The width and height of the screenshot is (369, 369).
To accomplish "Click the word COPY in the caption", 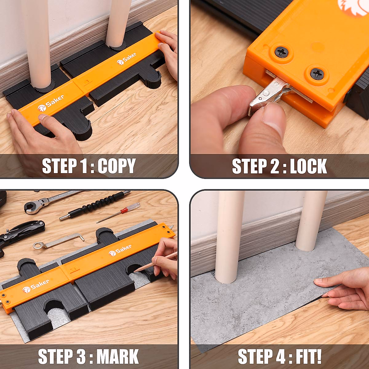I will tap(117, 166).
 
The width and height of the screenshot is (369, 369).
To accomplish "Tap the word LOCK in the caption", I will tap(308, 166).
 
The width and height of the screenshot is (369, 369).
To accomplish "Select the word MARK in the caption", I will tap(118, 357).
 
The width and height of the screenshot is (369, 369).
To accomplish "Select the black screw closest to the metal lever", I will tap(316, 74).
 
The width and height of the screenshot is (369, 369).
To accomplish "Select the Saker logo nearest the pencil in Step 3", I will tap(120, 250).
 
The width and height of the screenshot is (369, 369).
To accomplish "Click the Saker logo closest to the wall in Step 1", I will tap(126, 58).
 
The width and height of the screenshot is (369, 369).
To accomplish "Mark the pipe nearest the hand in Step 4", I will tap(311, 221).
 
